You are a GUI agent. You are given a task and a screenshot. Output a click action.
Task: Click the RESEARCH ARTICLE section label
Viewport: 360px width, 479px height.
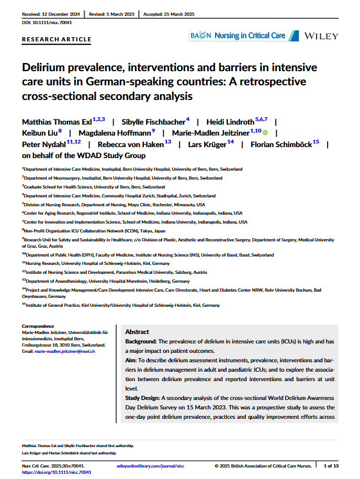[57, 39]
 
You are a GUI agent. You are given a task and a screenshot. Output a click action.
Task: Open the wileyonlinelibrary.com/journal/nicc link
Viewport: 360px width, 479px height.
[150, 465]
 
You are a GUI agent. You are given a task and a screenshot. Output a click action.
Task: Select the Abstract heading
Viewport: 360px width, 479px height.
[137, 332]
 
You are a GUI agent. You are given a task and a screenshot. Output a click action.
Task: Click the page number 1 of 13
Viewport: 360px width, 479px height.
[331, 465]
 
